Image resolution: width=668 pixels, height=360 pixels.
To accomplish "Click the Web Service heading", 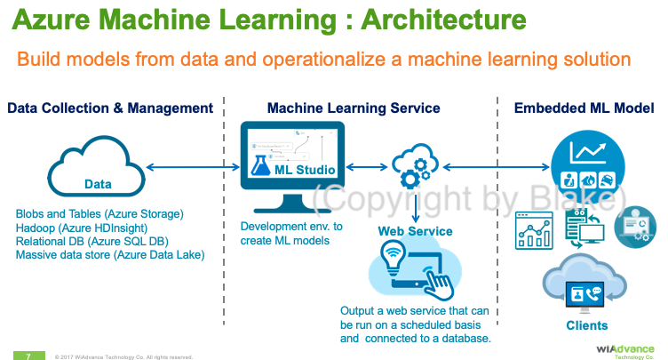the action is point(415,231).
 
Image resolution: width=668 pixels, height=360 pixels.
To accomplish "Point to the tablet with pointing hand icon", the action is point(416,271).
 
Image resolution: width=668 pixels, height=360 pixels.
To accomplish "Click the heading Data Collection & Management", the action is point(110,108).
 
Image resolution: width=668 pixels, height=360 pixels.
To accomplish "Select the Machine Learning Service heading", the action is point(354,108).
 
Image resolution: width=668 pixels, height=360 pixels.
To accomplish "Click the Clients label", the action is point(587,325).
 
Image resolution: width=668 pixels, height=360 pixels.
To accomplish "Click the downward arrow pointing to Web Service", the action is point(415,205).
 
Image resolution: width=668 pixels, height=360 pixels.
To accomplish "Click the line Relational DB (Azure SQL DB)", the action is point(92,241).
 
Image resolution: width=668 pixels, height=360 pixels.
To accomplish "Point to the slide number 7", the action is point(28,355).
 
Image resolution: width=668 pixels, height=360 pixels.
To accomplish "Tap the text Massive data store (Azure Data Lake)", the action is point(110,255).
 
